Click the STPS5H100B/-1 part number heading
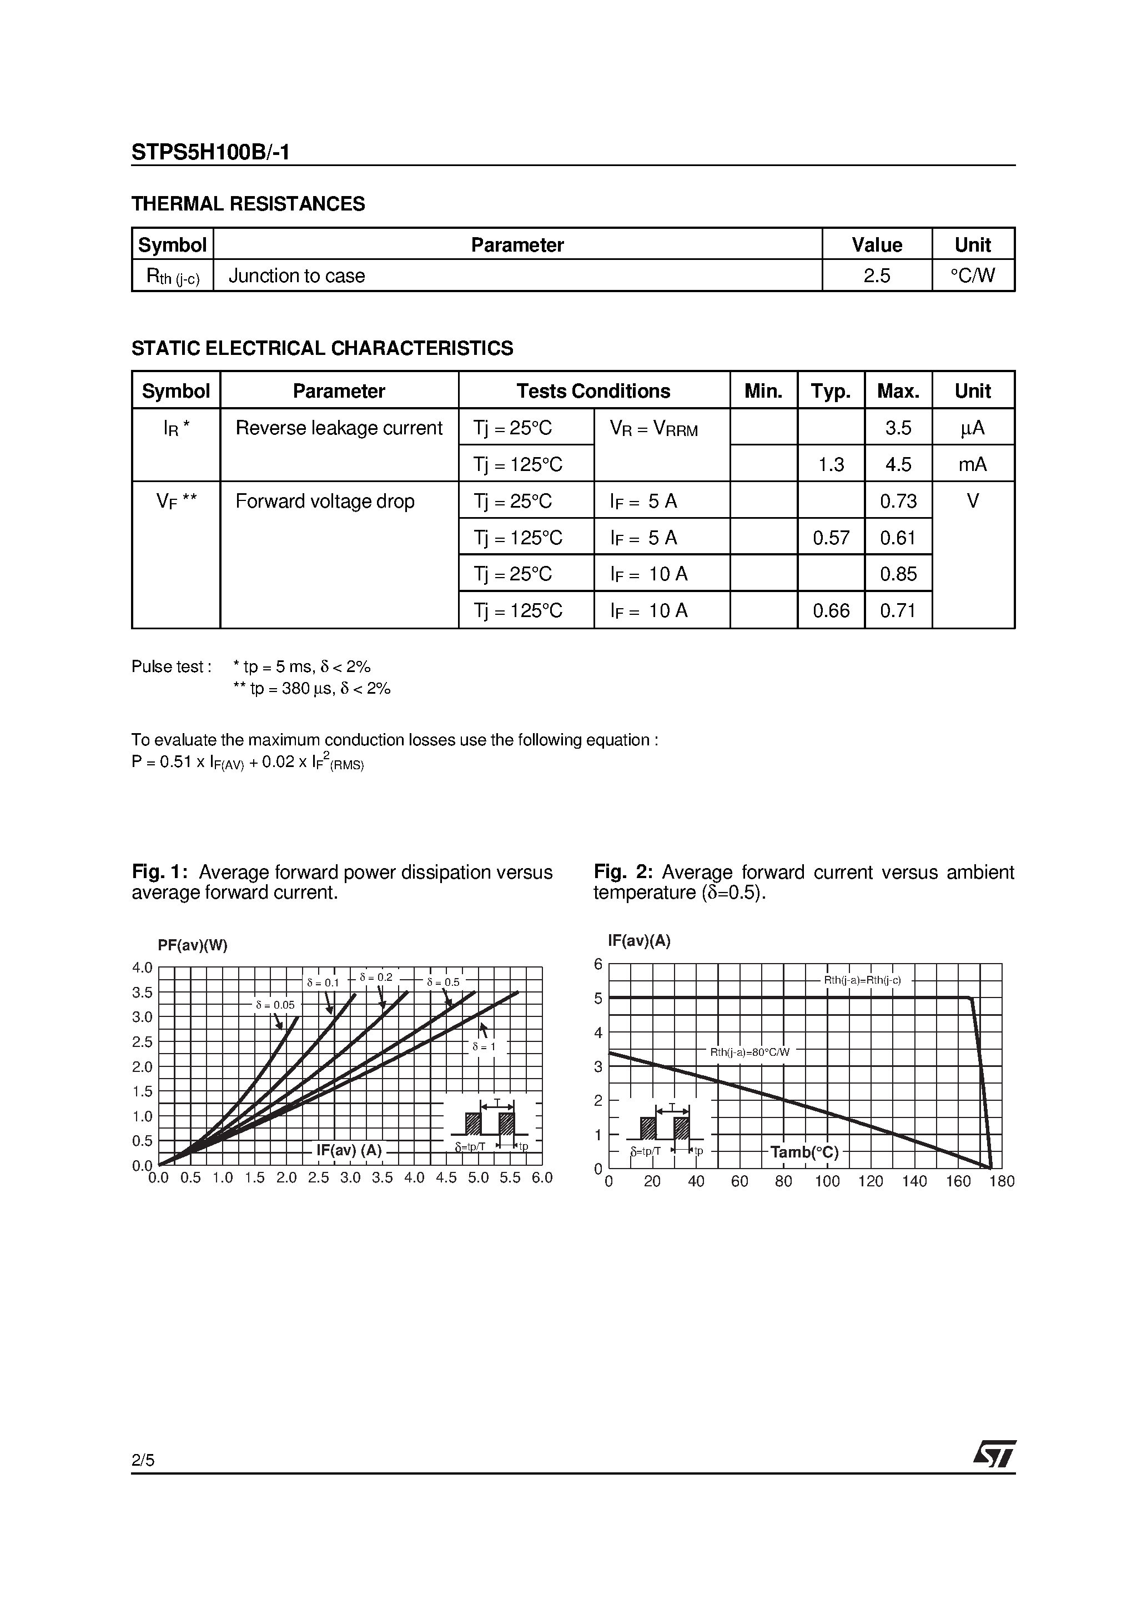coord(210,153)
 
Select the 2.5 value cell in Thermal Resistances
coord(876,276)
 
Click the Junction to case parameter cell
coord(296,276)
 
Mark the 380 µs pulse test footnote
coord(311,689)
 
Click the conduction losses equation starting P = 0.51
coord(248,763)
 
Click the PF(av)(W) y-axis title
coord(192,946)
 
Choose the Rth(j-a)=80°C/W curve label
coord(749,1052)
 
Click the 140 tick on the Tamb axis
coord(914,1181)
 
